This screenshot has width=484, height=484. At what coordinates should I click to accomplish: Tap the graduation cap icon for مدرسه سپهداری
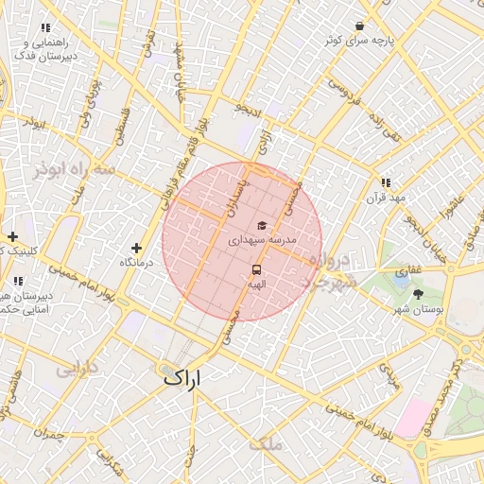[x=261, y=225]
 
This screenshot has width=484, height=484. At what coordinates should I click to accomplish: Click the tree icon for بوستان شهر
[x=419, y=294]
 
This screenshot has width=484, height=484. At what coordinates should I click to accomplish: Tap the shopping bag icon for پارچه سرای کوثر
[x=359, y=26]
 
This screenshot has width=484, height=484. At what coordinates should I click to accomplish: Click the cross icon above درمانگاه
[x=137, y=247]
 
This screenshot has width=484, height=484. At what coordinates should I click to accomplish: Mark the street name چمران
[x=46, y=434]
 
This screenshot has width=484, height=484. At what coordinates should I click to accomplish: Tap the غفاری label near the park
[x=402, y=270]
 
